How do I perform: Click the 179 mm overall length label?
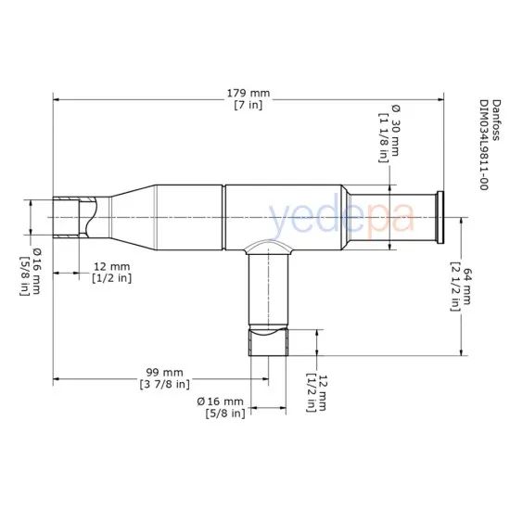[x=248, y=93]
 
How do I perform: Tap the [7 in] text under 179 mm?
[x=248, y=105]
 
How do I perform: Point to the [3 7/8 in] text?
[x=164, y=383]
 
